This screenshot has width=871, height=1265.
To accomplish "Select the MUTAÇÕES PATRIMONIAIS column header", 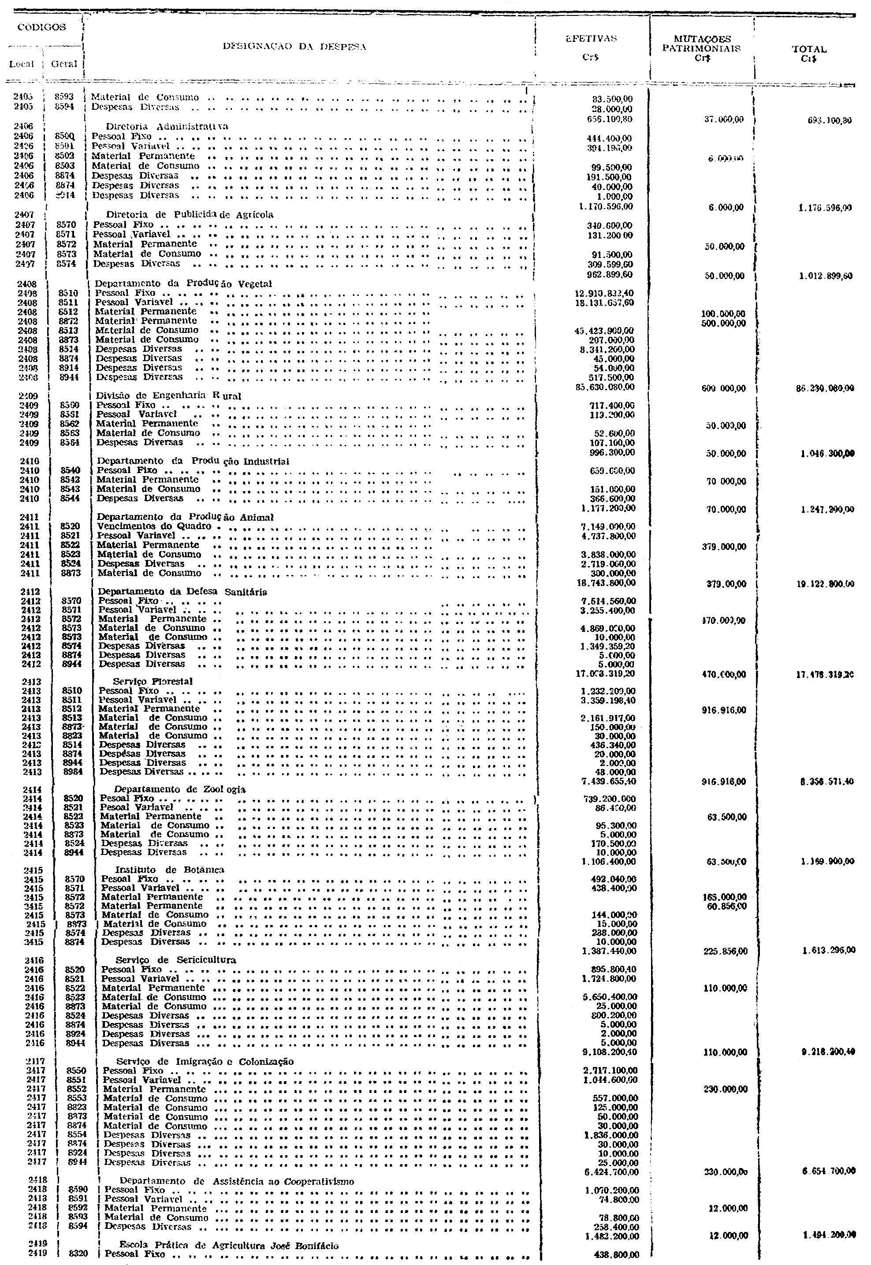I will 702,43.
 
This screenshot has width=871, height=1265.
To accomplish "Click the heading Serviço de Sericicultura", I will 176,960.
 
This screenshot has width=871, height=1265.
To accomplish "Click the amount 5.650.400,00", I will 610,997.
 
